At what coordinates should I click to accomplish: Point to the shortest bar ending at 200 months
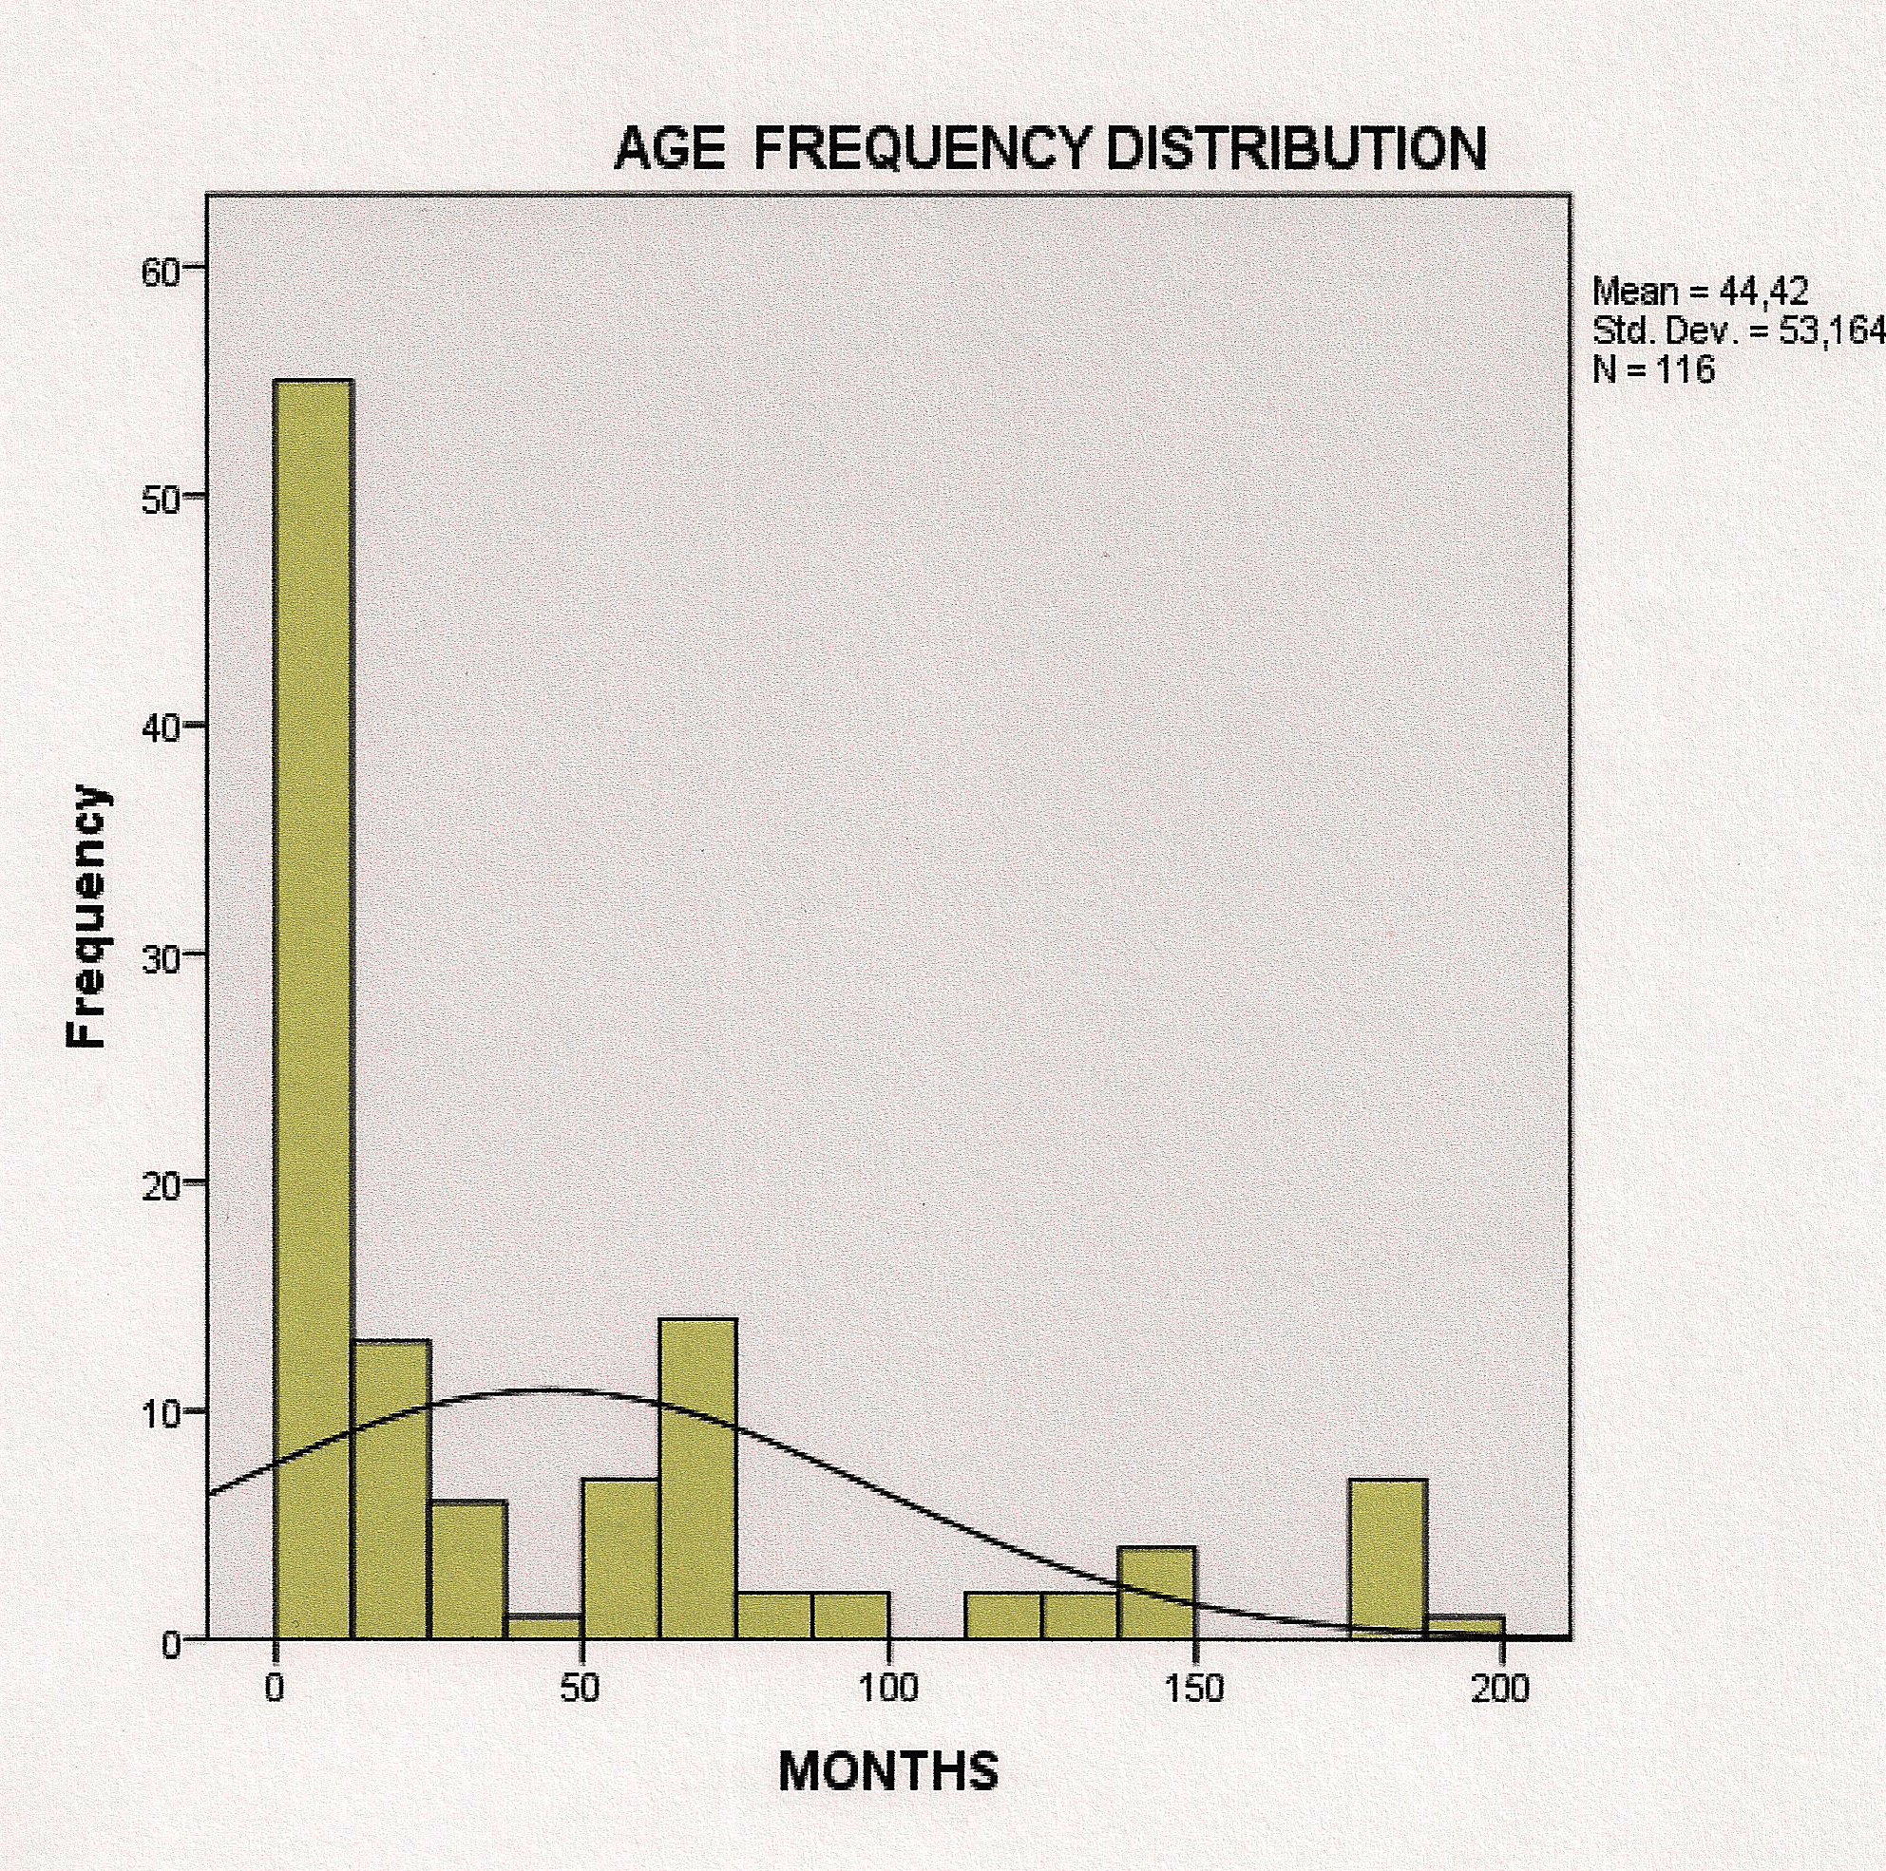click(1464, 1627)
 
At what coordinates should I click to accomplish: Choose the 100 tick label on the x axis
click(888, 1688)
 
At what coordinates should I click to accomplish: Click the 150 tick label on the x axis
click(1195, 1688)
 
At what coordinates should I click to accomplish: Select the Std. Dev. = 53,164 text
click(1738, 331)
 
